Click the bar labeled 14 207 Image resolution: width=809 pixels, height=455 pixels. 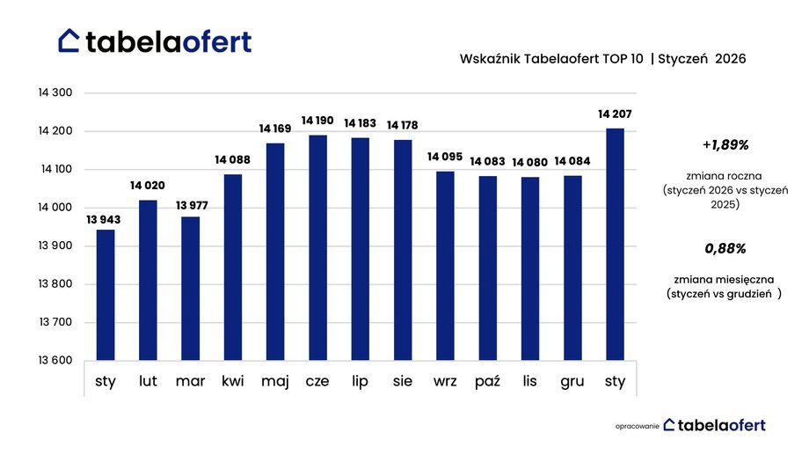pos(615,245)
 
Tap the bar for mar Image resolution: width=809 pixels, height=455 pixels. pos(190,289)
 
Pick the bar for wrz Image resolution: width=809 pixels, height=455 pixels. pos(445,266)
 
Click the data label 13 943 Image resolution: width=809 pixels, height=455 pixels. pos(105,219)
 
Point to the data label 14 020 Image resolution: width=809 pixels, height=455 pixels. pos(148,186)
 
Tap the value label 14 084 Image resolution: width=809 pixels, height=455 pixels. pos(572,162)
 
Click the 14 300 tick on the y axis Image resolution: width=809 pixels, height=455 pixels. pos(55,92)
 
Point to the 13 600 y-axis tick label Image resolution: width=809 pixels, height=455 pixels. pos(55,361)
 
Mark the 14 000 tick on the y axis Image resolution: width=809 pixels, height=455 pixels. pos(55,208)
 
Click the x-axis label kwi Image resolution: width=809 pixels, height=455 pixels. pos(232,381)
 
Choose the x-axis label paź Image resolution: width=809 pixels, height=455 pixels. pos(487,381)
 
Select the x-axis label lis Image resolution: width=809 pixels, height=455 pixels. pos(530,381)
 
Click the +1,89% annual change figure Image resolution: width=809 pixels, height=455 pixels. pos(725,144)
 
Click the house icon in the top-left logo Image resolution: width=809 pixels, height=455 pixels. pos(69,40)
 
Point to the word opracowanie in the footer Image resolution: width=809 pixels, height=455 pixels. pos(636,426)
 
